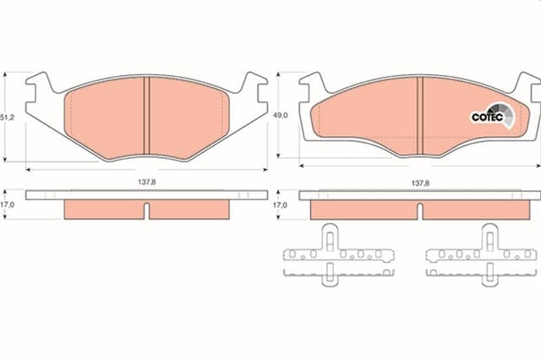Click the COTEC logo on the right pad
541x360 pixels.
pos(492,116)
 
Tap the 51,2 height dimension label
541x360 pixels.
pos(7,117)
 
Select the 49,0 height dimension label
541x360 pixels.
pos(280,115)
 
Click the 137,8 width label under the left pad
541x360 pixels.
pos(147,182)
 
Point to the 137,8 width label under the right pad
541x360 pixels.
pos(420,183)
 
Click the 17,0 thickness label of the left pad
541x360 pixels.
pos(7,205)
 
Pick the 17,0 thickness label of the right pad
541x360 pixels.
pos(280,205)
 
